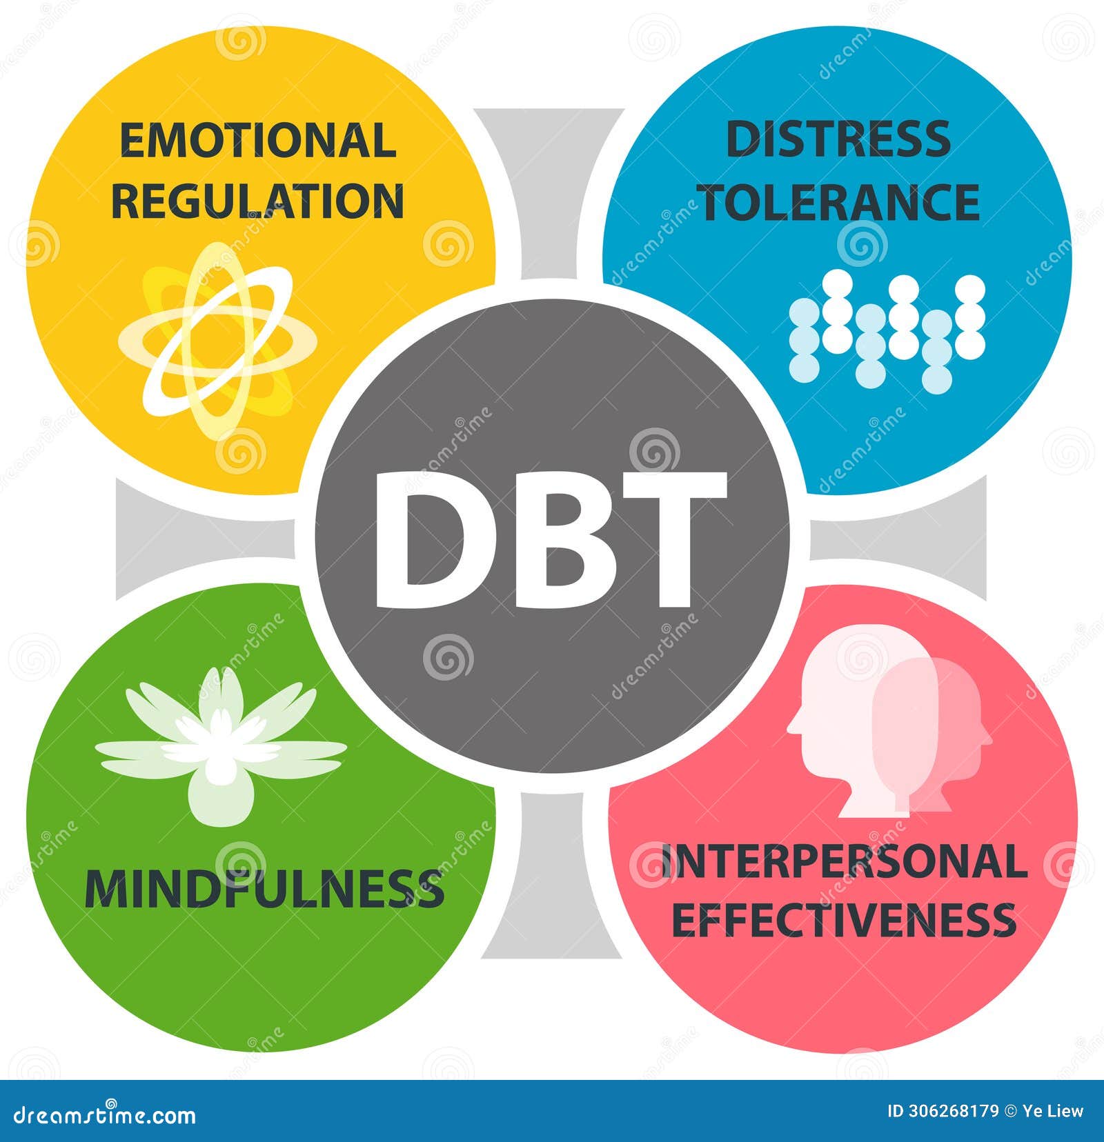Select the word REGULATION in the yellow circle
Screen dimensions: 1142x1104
257,201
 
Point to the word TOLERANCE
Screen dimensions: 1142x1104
840,201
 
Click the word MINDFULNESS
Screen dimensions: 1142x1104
264,889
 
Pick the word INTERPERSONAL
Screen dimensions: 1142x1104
844,861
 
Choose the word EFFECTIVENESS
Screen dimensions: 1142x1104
844,920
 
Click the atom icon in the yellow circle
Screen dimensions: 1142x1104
217,341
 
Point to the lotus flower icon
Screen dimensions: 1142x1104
221,745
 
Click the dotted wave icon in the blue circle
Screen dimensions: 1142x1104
887,328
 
